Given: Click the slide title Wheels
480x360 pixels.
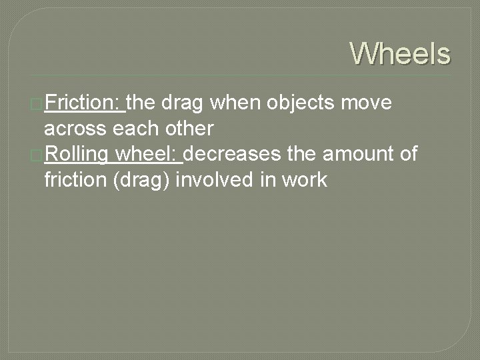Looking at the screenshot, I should coord(400,53).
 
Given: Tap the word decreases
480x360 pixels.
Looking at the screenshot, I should coord(233,154).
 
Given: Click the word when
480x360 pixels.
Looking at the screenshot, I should coord(236,103).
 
